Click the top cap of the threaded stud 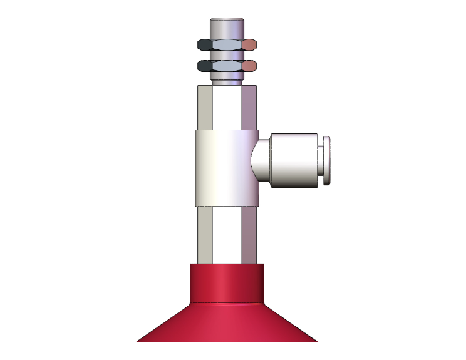[x=227, y=28]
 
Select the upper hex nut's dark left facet [x=205, y=44]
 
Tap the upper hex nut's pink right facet [x=250, y=44]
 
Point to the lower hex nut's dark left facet [x=205, y=65]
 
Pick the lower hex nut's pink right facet [x=250, y=65]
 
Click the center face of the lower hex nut [x=227, y=65]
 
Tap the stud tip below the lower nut [x=227, y=78]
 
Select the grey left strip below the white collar [x=205, y=235]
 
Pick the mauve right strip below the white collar [x=249, y=235]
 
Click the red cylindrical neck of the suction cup [x=226, y=283]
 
